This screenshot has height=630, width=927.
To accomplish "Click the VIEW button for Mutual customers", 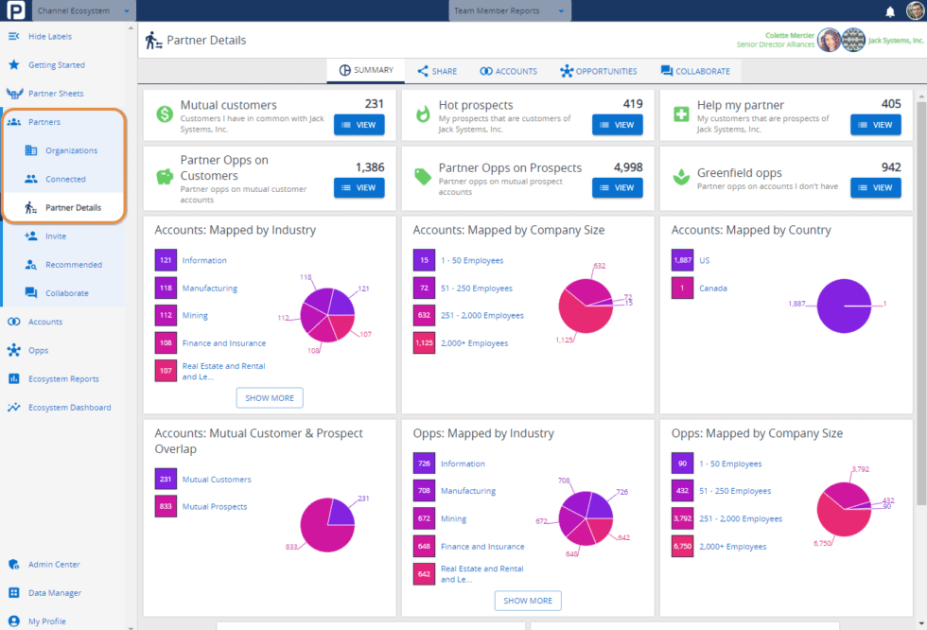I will click(x=359, y=125).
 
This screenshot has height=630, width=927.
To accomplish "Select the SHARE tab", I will click(x=437, y=71).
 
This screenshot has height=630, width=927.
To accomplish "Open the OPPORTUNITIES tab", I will click(x=598, y=71).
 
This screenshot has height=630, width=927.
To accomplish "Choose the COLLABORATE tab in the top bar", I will click(x=695, y=71).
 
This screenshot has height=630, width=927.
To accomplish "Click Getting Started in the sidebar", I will click(x=56, y=65).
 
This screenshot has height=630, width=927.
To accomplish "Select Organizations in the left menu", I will click(x=71, y=150).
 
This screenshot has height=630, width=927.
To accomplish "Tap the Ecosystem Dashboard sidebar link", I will click(x=69, y=408).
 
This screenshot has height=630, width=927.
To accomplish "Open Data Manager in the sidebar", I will click(x=54, y=593).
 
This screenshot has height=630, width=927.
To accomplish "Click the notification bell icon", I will click(x=890, y=11).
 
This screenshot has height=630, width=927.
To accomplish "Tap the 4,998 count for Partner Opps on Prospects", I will click(x=628, y=167).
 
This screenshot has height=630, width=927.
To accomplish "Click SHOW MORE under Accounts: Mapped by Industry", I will click(x=270, y=398).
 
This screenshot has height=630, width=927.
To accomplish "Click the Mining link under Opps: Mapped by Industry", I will click(x=453, y=519).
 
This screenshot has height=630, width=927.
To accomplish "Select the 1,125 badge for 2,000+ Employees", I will click(x=424, y=343).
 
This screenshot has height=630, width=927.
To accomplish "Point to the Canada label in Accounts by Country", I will click(x=712, y=289).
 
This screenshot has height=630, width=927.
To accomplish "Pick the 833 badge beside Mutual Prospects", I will click(x=166, y=507).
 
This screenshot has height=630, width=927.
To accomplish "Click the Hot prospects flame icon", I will click(x=423, y=114).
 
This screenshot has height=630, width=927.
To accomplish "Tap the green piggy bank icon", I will click(x=165, y=177).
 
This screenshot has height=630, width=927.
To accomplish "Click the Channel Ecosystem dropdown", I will click(x=83, y=11).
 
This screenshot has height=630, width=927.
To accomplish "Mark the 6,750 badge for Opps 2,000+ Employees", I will click(x=682, y=547).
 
